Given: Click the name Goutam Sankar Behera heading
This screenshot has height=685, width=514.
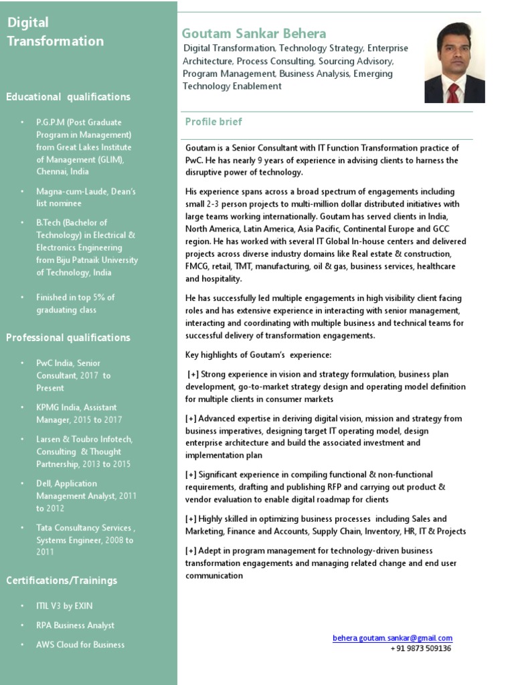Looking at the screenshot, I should pyautogui.click(x=254, y=33).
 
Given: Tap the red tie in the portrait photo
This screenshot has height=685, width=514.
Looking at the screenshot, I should pyautogui.click(x=453, y=92).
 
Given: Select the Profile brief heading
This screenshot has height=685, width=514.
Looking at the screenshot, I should pyautogui.click(x=213, y=122).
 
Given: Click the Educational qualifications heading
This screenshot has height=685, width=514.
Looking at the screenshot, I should pyautogui.click(x=68, y=97).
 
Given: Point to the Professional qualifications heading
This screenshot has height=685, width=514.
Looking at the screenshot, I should pyautogui.click(x=68, y=337).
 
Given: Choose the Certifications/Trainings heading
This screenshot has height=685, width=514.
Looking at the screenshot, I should pyautogui.click(x=62, y=580).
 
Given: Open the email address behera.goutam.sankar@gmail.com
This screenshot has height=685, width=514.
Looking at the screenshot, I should pyautogui.click(x=392, y=638).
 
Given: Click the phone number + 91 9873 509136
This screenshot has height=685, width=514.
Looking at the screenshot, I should pyautogui.click(x=420, y=648).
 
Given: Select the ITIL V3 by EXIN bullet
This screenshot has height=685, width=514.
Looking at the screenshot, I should pyautogui.click(x=65, y=605).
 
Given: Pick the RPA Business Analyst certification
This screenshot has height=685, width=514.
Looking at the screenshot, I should pyautogui.click(x=75, y=625).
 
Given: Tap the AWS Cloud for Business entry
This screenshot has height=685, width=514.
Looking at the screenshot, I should pyautogui.click(x=80, y=645).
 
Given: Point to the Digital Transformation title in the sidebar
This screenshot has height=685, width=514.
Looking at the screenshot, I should pyautogui.click(x=55, y=32).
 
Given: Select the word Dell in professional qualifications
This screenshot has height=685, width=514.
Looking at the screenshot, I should pyautogui.click(x=44, y=484).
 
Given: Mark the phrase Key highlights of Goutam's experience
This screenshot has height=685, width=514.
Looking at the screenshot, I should pyautogui.click(x=258, y=354).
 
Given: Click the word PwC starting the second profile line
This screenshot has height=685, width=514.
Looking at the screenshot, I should pyautogui.click(x=195, y=161).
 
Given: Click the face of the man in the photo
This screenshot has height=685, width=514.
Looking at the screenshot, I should pyautogui.click(x=454, y=54).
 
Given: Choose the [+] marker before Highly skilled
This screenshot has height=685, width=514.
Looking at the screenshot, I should pyautogui.click(x=191, y=519).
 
